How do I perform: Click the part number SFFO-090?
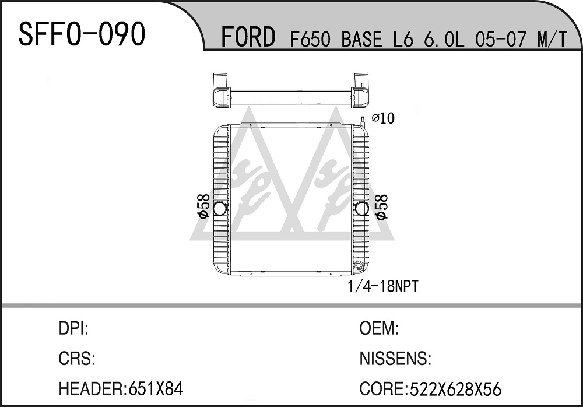tap(82, 34)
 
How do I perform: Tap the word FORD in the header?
tap(248, 37)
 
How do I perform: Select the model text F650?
tap(310, 39)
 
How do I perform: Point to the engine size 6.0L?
tap(444, 39)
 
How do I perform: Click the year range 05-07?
tap(501, 39)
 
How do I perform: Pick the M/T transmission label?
tap(553, 39)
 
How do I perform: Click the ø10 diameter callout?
tap(383, 118)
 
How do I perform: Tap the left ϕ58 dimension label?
tap(203, 206)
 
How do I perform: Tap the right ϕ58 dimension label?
tap(381, 206)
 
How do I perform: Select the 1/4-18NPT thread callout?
tap(382, 286)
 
